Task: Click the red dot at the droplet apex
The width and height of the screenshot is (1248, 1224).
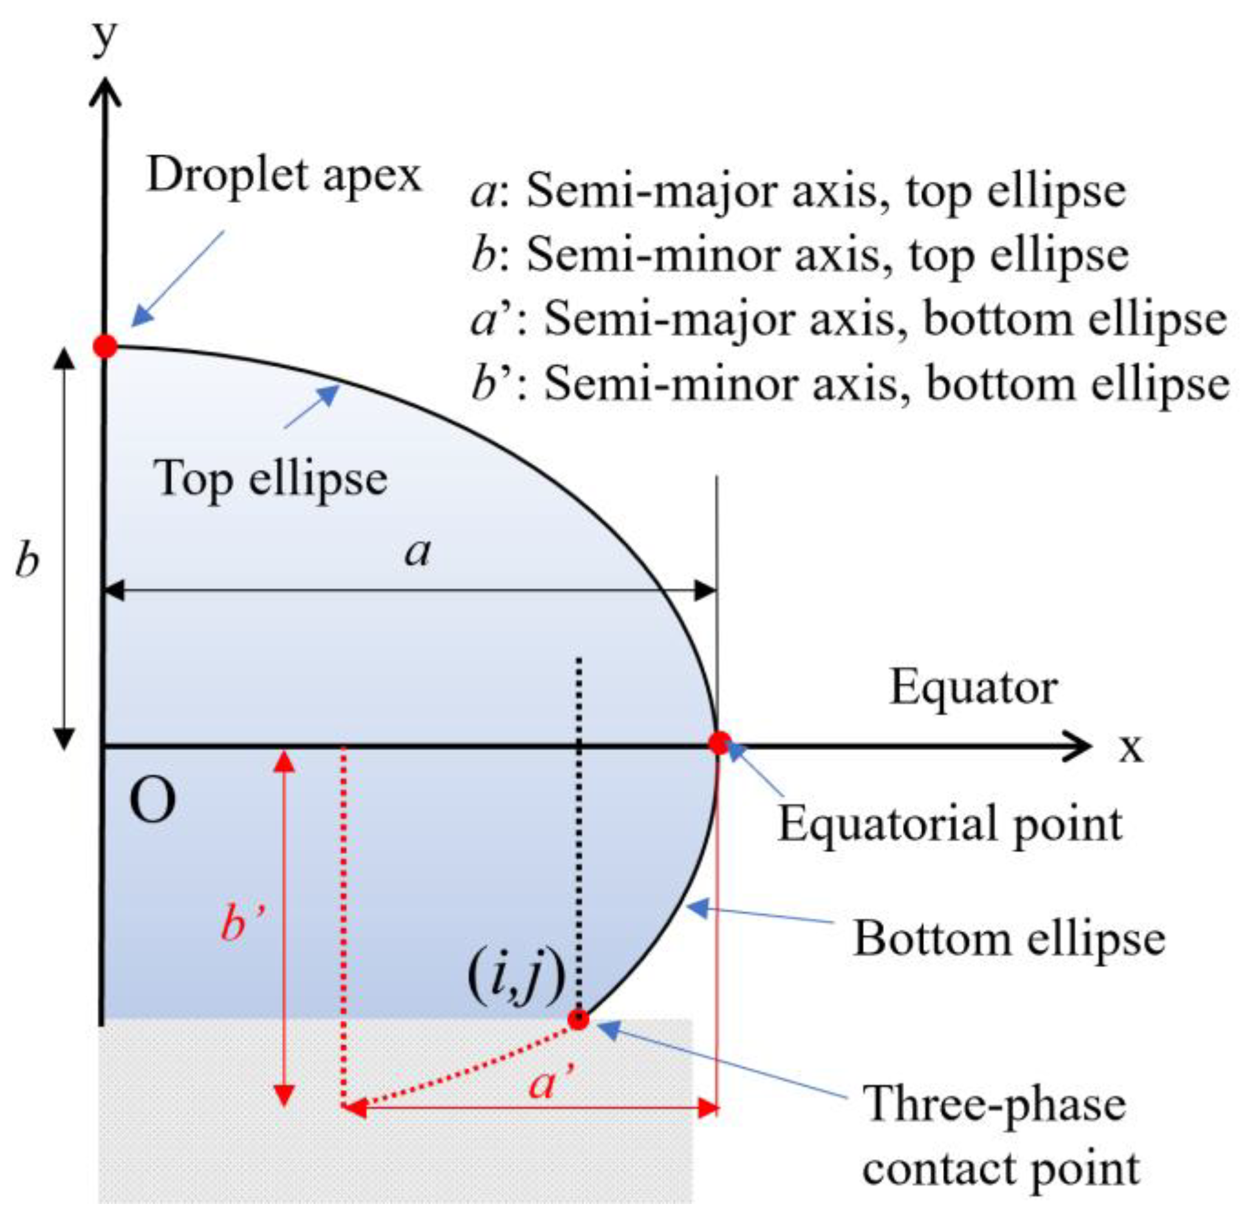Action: [105, 346]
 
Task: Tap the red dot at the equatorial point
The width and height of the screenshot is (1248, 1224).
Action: [719, 742]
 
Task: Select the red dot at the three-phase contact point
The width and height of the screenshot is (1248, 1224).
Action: [578, 1019]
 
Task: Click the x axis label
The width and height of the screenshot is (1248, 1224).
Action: [1131, 747]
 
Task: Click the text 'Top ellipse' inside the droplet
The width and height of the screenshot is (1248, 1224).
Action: [270, 479]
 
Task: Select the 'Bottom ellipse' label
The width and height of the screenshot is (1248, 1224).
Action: [1009, 939]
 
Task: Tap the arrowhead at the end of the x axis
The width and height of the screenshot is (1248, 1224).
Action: [1080, 747]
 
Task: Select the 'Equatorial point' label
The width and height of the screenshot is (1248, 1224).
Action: [950, 824]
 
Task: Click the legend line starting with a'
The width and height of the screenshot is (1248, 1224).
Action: [848, 320]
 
